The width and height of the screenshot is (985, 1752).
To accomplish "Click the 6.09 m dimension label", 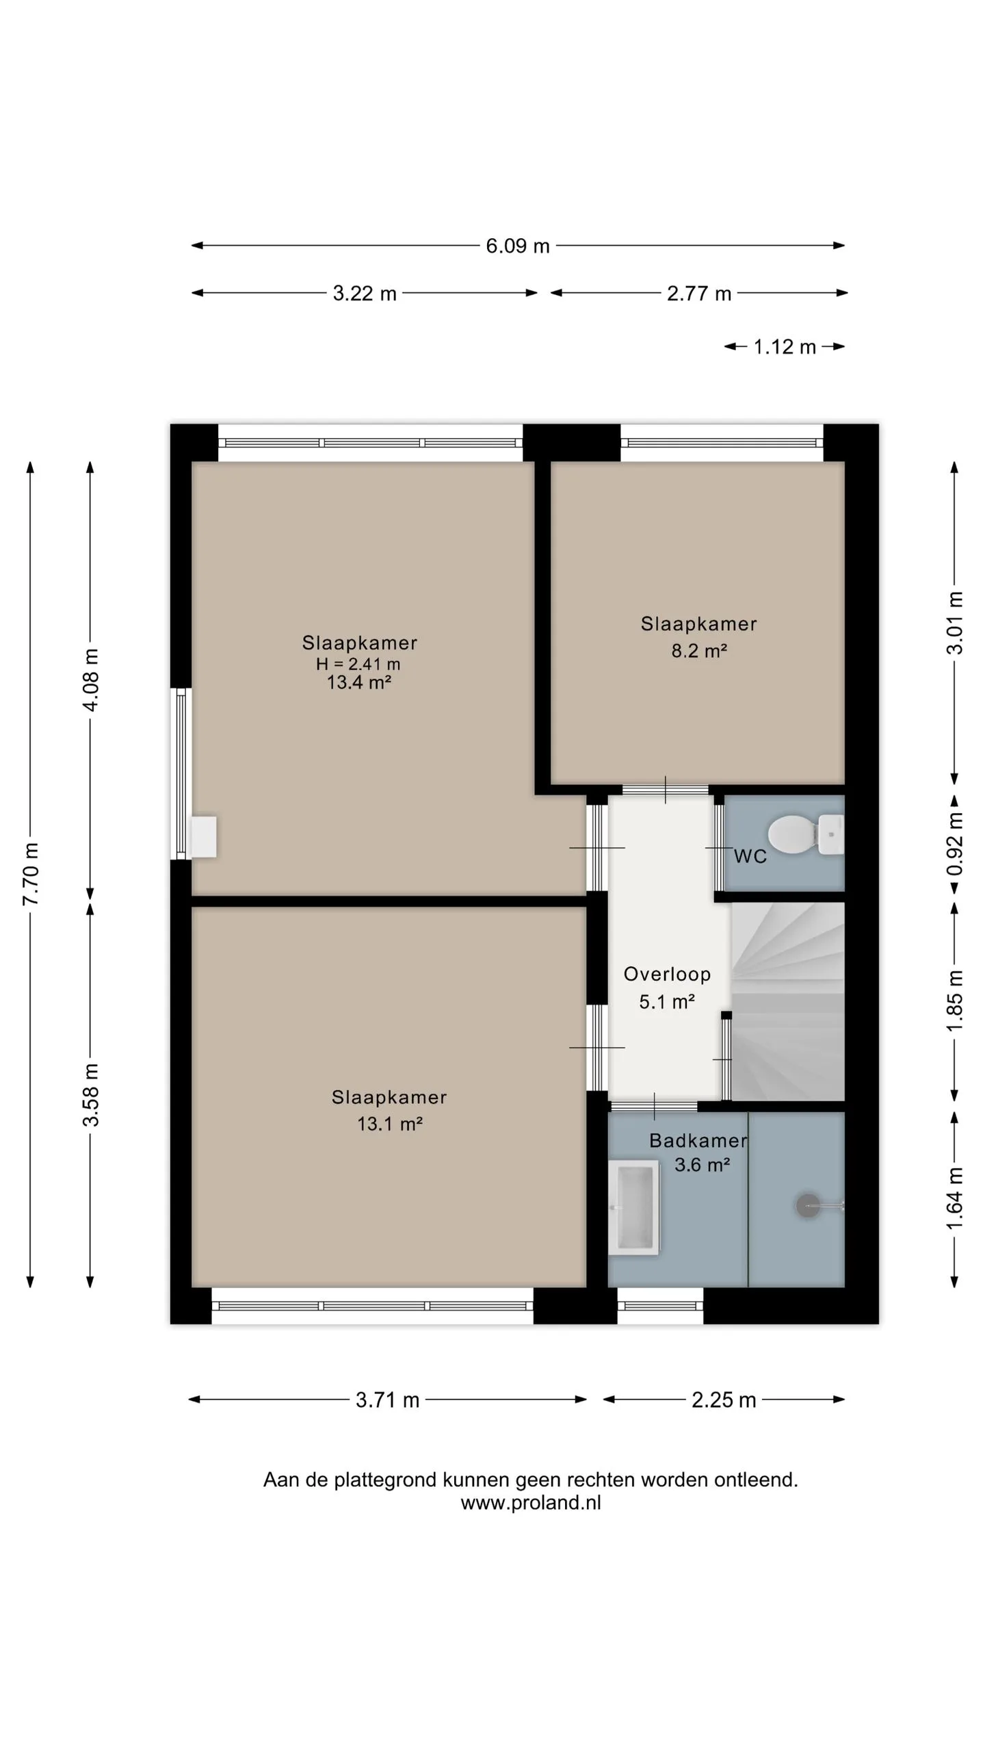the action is (x=518, y=246).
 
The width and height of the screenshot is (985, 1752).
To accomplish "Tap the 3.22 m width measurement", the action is (x=365, y=294).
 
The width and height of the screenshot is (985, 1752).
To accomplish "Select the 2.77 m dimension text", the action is (x=699, y=294).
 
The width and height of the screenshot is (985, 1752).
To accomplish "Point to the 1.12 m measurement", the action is (x=785, y=347).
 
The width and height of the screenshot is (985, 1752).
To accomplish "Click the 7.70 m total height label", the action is (x=31, y=874).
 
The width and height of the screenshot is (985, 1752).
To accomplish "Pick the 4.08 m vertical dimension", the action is (x=90, y=680).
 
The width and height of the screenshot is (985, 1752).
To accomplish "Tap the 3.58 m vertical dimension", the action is (x=90, y=1095).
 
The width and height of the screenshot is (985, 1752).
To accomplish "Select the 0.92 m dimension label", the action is (x=955, y=844).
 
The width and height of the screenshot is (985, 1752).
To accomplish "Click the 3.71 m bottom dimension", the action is (x=387, y=1400).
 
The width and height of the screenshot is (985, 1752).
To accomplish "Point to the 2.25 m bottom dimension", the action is (x=724, y=1400).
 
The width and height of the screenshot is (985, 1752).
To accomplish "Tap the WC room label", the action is (x=750, y=857).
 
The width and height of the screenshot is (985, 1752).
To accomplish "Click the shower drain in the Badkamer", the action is (x=808, y=1206).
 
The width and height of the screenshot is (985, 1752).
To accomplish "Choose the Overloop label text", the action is (x=667, y=975).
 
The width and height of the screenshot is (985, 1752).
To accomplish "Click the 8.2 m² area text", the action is (x=698, y=651).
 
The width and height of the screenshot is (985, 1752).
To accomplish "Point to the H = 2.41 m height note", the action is (x=358, y=664).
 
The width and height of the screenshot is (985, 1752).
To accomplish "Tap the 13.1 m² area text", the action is (x=390, y=1124).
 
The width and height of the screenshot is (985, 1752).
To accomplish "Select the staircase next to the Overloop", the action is (x=788, y=1001).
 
